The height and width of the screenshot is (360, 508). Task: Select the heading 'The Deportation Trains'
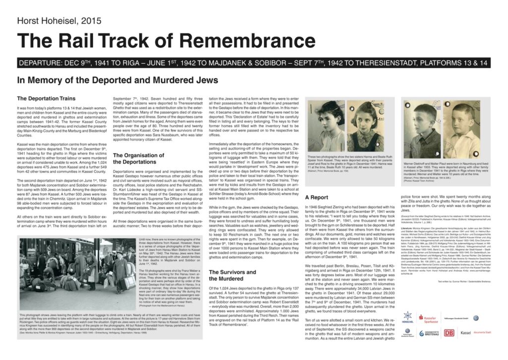(x=46, y=98)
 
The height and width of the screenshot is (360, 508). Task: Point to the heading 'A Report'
(x=317, y=198)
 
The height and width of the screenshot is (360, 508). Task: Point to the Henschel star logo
(x=408, y=316)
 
